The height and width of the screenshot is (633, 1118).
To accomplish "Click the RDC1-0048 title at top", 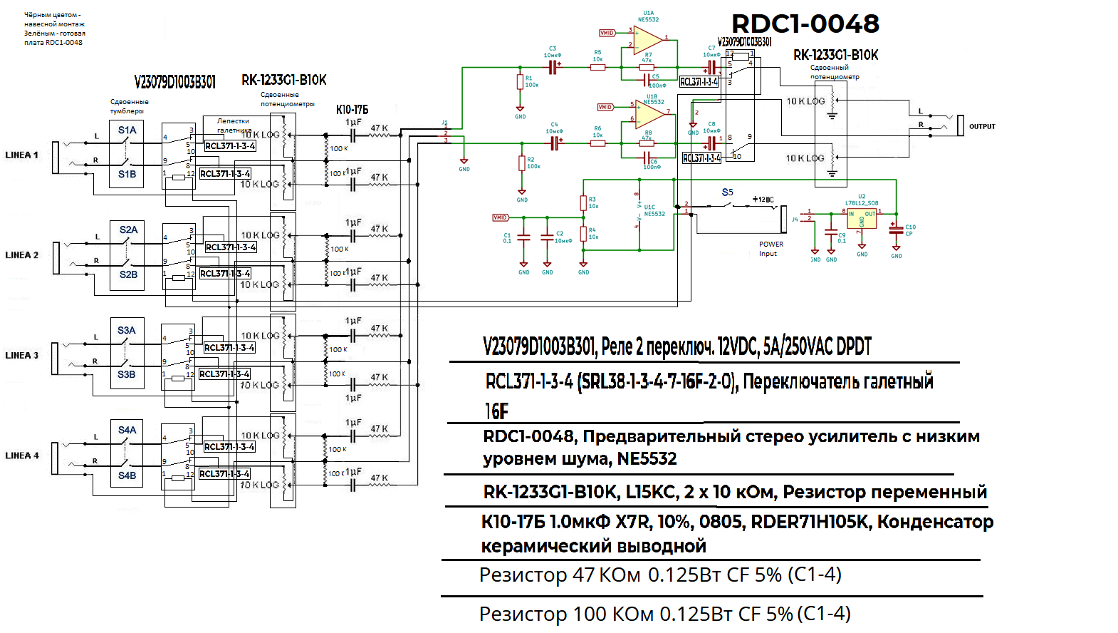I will pos(805,24).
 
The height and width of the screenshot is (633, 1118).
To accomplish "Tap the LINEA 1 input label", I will pos(21,155).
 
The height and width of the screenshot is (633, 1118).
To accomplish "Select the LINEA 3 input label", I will pos(21,355).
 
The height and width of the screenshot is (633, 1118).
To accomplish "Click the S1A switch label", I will pos(127,130).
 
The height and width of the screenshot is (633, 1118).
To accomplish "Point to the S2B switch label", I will pos(128,274).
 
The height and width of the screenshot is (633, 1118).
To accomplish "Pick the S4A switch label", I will pos(127,431).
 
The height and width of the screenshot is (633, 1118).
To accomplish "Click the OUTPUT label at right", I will pos(982,127).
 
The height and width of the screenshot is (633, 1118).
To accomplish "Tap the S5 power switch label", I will pos(727,192).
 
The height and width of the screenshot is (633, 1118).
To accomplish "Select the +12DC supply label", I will pos(763,200).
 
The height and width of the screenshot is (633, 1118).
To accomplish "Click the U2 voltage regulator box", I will pos(862,219).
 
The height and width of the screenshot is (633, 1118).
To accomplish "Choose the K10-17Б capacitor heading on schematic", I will pos(352,110).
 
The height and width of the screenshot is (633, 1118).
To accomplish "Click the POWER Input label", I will pos(770,249).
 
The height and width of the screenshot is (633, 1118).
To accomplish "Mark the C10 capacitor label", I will pos(910,227).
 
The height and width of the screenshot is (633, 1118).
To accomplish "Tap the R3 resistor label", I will pos(592,200).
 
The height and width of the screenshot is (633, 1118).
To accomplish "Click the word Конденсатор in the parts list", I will pos(935,523).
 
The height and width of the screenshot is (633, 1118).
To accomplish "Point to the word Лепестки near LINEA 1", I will pos(233,121).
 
